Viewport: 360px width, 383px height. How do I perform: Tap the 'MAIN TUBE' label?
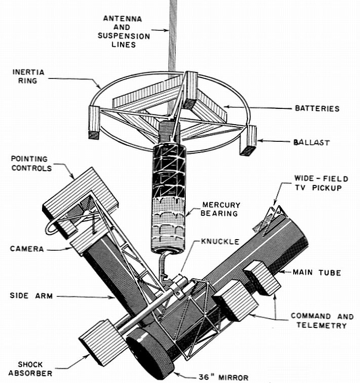coord(317,273)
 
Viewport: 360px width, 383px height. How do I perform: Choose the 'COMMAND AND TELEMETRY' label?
coord(322,320)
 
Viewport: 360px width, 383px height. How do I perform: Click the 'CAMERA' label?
coord(26,248)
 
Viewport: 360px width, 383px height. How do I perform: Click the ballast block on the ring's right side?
coord(248,140)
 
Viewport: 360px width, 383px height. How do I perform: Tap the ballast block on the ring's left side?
coord(94,122)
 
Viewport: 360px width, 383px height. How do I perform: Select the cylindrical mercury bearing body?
coord(170,198)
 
